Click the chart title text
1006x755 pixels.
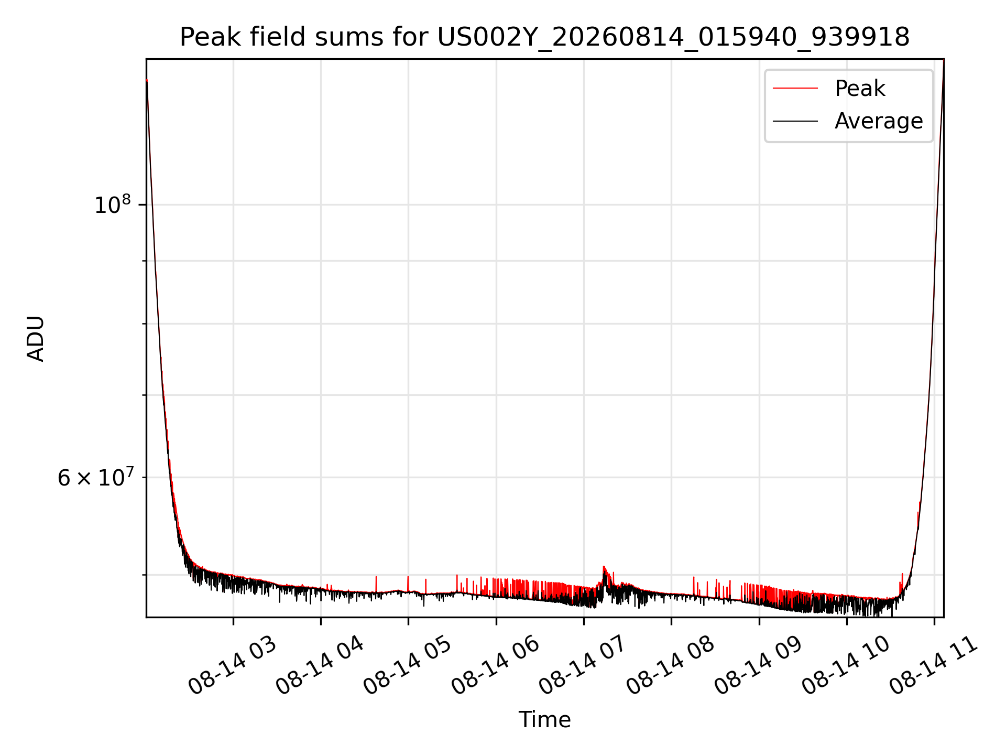(x=544, y=38)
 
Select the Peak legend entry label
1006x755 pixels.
(x=860, y=88)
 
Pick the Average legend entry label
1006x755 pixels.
(x=879, y=121)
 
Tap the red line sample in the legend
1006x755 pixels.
(x=795, y=88)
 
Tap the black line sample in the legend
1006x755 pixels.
(x=795, y=121)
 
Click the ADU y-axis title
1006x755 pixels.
(x=36, y=338)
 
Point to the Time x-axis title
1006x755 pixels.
(x=544, y=719)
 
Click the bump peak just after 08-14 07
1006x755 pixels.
(x=604, y=567)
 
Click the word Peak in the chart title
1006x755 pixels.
(x=210, y=37)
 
